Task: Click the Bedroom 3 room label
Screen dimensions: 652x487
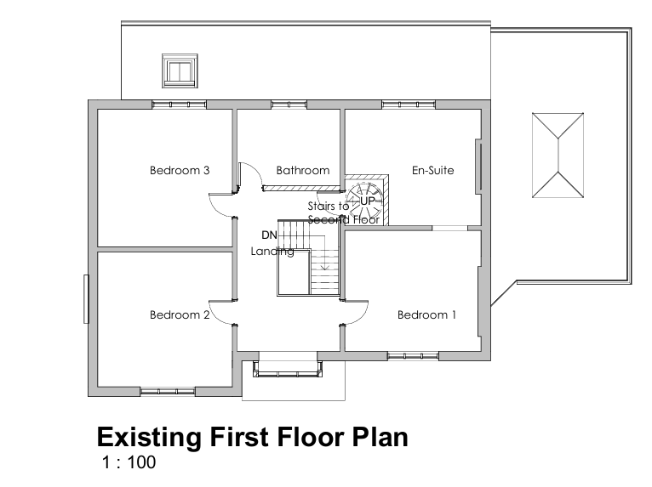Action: click(180, 170)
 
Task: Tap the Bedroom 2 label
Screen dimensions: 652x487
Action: click(180, 315)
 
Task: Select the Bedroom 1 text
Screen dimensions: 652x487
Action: click(426, 315)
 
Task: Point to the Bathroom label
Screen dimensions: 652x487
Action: click(302, 170)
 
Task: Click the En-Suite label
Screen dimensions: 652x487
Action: click(432, 170)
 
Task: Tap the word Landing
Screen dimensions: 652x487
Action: click(272, 252)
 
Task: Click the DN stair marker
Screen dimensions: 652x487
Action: click(269, 235)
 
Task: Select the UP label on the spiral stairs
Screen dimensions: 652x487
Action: click(367, 200)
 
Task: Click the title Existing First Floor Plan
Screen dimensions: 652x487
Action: click(252, 437)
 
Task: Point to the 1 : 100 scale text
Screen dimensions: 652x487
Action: click(129, 463)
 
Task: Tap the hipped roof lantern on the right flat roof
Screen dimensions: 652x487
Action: click(558, 155)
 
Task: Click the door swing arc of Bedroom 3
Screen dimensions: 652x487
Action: click(223, 204)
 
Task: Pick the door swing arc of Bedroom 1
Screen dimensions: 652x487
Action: click(356, 314)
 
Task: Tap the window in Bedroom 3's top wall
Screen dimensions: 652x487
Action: click(179, 105)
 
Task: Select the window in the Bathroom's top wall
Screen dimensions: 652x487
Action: click(289, 105)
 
